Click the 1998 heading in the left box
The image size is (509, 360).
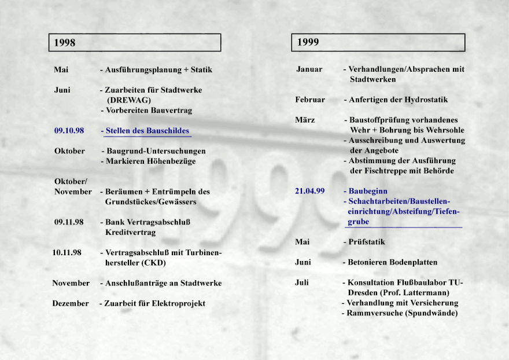(x=65, y=42)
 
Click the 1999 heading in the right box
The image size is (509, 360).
(x=308, y=42)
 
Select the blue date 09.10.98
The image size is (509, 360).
(x=69, y=131)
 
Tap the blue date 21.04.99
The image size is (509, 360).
(x=309, y=191)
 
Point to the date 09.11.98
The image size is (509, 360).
(x=69, y=222)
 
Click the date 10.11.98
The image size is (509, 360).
(x=67, y=252)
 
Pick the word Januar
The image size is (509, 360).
(x=309, y=69)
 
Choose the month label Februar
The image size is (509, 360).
(x=310, y=100)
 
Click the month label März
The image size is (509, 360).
(x=305, y=120)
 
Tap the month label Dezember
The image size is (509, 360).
(x=71, y=303)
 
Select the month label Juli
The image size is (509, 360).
(x=301, y=282)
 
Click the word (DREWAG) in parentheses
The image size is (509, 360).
(x=129, y=100)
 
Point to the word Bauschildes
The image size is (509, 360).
(x=168, y=131)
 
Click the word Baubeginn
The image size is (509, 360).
(x=368, y=191)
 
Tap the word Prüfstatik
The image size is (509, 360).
(x=366, y=241)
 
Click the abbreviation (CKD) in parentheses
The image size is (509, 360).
(x=153, y=262)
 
